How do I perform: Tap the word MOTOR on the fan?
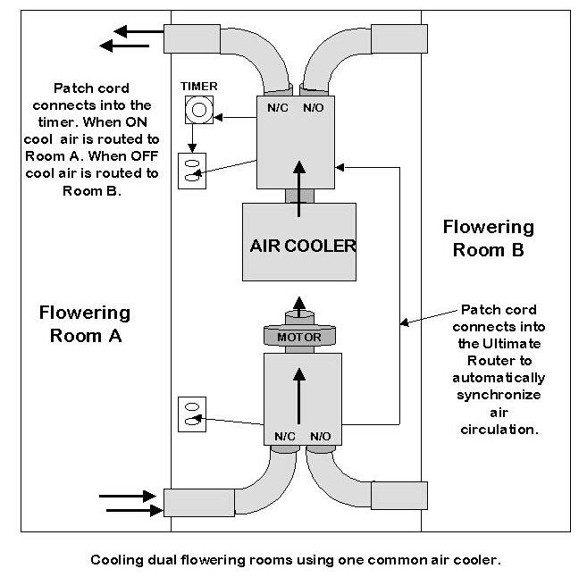pyautogui.click(x=298, y=338)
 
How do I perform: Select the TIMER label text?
pyautogui.click(x=199, y=87)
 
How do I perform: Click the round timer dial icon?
pyautogui.click(x=198, y=111)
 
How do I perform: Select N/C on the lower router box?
pyautogui.click(x=284, y=437)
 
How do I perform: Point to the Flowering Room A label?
pyautogui.click(x=85, y=323)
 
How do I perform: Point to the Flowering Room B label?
pyautogui.click(x=488, y=238)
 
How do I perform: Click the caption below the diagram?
pyautogui.click(x=295, y=561)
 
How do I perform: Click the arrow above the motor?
pyautogui.click(x=298, y=304)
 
